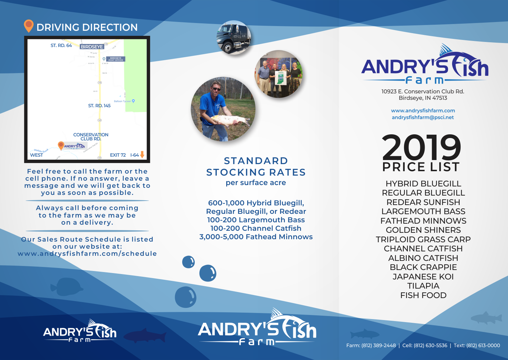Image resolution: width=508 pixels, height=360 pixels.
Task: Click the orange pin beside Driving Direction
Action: click(x=29, y=26)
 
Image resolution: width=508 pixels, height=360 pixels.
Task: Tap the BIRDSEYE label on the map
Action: click(x=92, y=47)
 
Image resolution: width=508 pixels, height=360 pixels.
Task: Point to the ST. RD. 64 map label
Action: click(x=61, y=45)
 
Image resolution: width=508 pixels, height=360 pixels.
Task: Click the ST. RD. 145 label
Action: click(x=99, y=106)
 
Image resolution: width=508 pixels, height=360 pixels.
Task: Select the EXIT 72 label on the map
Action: click(x=118, y=155)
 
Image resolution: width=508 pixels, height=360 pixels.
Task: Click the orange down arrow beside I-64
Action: click(x=142, y=155)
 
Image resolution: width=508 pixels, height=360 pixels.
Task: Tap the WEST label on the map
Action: click(x=37, y=155)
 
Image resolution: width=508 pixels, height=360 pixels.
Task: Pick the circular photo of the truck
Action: click(x=234, y=38)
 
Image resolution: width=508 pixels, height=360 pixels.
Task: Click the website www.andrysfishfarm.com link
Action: click(x=423, y=111)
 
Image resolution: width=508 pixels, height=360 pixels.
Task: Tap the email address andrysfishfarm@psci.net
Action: click(x=423, y=117)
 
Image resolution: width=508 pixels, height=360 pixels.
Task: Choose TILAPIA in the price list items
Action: click(x=423, y=286)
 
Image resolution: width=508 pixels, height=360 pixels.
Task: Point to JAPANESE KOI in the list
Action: click(x=423, y=276)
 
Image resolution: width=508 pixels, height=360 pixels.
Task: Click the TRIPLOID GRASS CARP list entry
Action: click(x=423, y=239)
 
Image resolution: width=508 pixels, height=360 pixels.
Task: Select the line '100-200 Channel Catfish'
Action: click(x=256, y=228)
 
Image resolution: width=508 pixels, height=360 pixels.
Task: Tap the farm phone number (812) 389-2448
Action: click(x=379, y=345)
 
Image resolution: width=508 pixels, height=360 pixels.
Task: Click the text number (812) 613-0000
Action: click(x=483, y=345)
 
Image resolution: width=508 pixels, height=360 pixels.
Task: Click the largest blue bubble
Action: click(x=186, y=297)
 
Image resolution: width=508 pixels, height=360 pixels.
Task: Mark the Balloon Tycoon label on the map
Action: click(x=123, y=101)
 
